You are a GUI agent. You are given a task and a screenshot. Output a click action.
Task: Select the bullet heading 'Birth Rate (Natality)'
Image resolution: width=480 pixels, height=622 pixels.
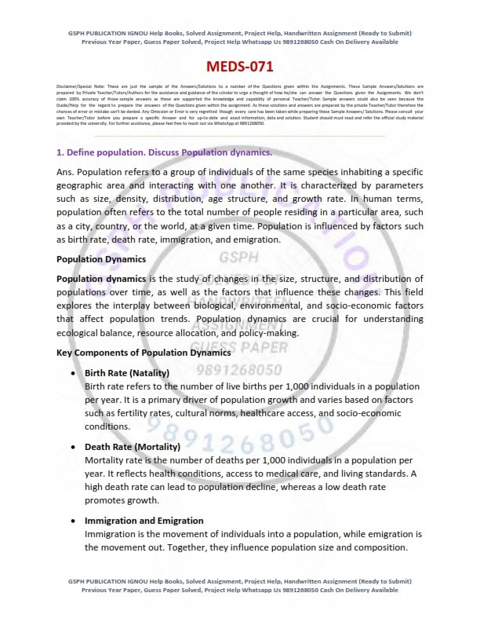pos(131,371)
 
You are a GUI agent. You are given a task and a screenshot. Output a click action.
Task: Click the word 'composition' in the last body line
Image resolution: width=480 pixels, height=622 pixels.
pos(380,547)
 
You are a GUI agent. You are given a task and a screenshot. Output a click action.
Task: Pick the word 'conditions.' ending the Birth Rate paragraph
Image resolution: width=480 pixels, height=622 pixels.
pos(107,426)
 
